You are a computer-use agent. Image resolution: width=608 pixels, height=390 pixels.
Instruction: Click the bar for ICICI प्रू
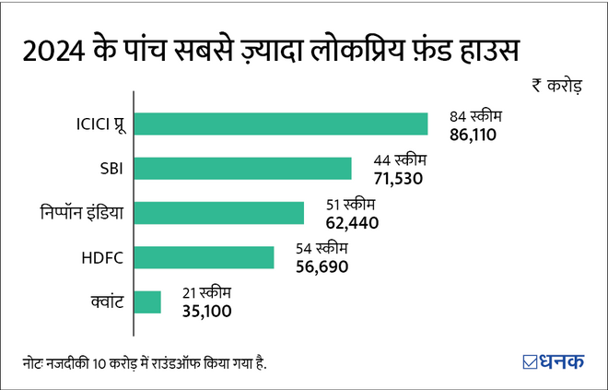point(281,124)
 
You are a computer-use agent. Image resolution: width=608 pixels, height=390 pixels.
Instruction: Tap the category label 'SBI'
point(110,169)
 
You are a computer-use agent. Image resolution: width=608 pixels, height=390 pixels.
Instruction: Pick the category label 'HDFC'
point(103,257)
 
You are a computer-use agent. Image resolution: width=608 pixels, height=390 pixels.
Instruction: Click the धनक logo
point(552,360)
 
